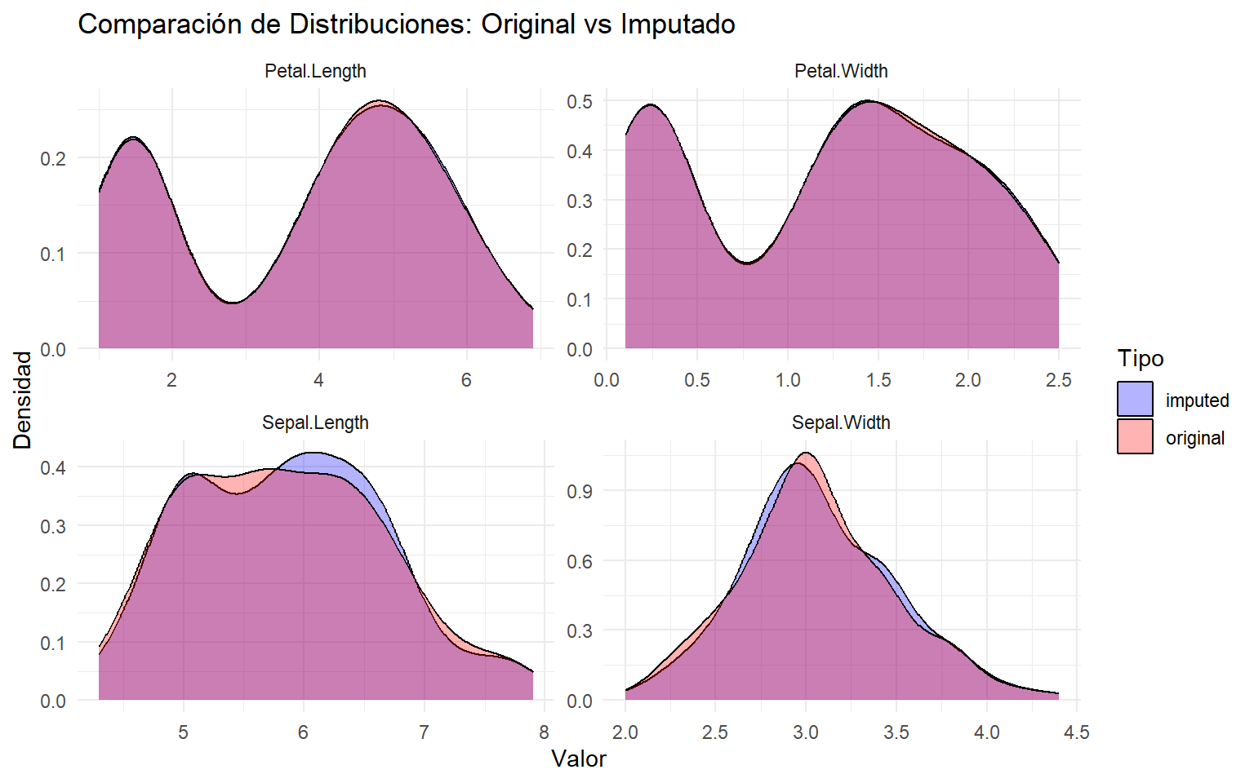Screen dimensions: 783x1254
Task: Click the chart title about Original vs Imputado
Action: coord(406,24)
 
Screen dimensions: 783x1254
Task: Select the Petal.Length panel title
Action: coord(315,71)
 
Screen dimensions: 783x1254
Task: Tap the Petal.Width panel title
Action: coord(840,71)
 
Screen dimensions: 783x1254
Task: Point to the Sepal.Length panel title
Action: coord(315,422)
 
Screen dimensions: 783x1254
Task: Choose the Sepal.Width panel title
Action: coord(840,422)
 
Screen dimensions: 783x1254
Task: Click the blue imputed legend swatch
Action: coord(1135,400)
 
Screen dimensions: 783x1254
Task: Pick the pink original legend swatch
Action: coord(1135,436)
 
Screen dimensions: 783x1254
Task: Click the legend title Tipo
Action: coord(1141,359)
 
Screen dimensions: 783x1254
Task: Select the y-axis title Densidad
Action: coord(23,400)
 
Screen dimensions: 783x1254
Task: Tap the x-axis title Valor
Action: coord(579,759)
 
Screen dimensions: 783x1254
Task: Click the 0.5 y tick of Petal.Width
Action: coord(580,102)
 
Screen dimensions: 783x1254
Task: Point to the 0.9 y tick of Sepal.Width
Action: coord(580,491)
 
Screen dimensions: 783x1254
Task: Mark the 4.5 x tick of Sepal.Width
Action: coord(1077,732)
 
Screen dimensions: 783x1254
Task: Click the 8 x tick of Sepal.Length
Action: coord(544,732)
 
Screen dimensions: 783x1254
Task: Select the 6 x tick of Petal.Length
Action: coord(466,380)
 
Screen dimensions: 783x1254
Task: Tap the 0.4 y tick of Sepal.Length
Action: coord(53,468)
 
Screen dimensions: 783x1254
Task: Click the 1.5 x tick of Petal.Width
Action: coord(878,380)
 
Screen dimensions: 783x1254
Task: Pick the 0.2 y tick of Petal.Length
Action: coord(53,158)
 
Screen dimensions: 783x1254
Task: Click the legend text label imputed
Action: coord(1197,400)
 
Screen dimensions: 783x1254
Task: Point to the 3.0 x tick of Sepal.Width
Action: coord(806,732)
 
